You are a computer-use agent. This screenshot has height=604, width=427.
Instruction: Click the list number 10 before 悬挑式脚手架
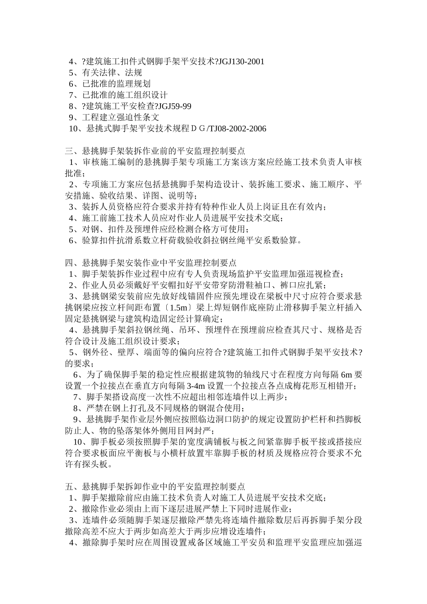point(73,129)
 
